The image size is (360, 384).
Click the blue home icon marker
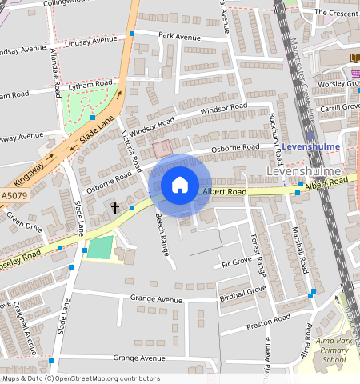click(180, 186)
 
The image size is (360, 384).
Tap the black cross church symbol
click(114, 208)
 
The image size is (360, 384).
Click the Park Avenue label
click(178, 36)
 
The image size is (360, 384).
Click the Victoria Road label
click(131, 152)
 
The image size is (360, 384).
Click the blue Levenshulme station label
click(311, 147)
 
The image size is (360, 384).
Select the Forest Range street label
click(258, 255)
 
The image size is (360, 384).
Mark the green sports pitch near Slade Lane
click(100, 247)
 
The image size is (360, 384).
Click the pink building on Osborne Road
click(162, 149)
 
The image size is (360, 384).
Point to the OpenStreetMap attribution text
click(80, 378)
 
